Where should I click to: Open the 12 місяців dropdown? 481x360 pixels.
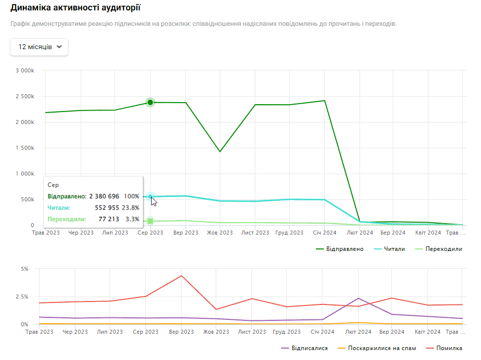point(39,47)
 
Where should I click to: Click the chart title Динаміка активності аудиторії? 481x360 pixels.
point(75,8)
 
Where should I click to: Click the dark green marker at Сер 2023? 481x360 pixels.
point(150,102)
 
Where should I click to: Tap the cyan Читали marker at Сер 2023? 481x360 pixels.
point(150,197)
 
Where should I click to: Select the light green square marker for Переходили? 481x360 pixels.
point(150,221)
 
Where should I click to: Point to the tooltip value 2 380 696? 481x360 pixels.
point(104,196)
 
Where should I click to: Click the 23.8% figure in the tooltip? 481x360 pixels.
point(131,207)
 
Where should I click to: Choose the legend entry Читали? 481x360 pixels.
point(395,249)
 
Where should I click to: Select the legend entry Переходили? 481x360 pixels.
point(444,249)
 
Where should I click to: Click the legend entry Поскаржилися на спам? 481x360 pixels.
point(382,348)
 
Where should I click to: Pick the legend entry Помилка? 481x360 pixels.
point(449,348)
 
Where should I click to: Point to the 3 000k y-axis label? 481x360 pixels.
point(24,70)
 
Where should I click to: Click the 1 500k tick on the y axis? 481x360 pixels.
point(24,148)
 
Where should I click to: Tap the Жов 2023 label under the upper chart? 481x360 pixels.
point(220,232)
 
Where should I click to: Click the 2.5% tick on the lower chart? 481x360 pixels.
point(22,297)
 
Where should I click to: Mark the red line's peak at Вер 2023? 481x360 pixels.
point(181,276)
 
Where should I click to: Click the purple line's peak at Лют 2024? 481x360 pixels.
point(358,298)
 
